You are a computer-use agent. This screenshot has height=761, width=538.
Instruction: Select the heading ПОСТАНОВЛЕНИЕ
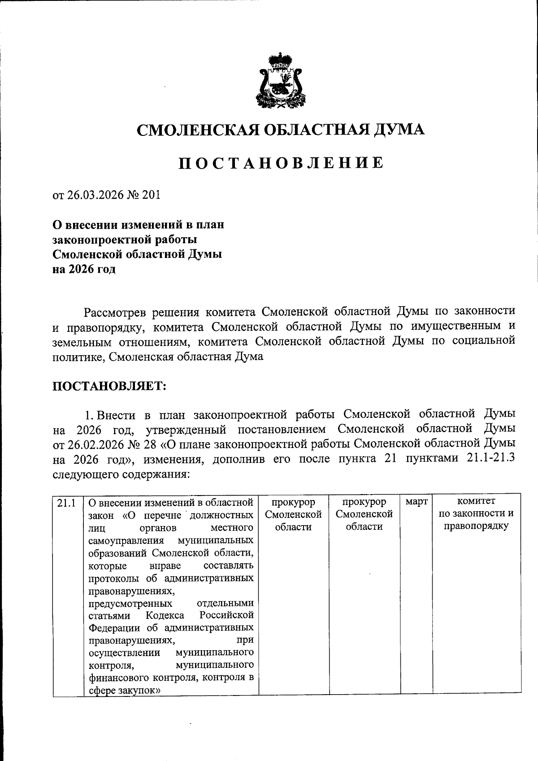point(281,163)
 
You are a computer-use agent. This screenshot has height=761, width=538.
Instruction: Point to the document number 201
point(150,196)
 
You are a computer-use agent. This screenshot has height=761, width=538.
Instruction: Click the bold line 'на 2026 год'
point(84,270)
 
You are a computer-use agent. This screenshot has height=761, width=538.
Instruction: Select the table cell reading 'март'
point(416,501)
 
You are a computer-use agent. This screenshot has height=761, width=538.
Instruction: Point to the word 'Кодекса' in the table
point(165,615)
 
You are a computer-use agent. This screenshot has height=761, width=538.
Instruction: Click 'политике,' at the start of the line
point(79,357)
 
